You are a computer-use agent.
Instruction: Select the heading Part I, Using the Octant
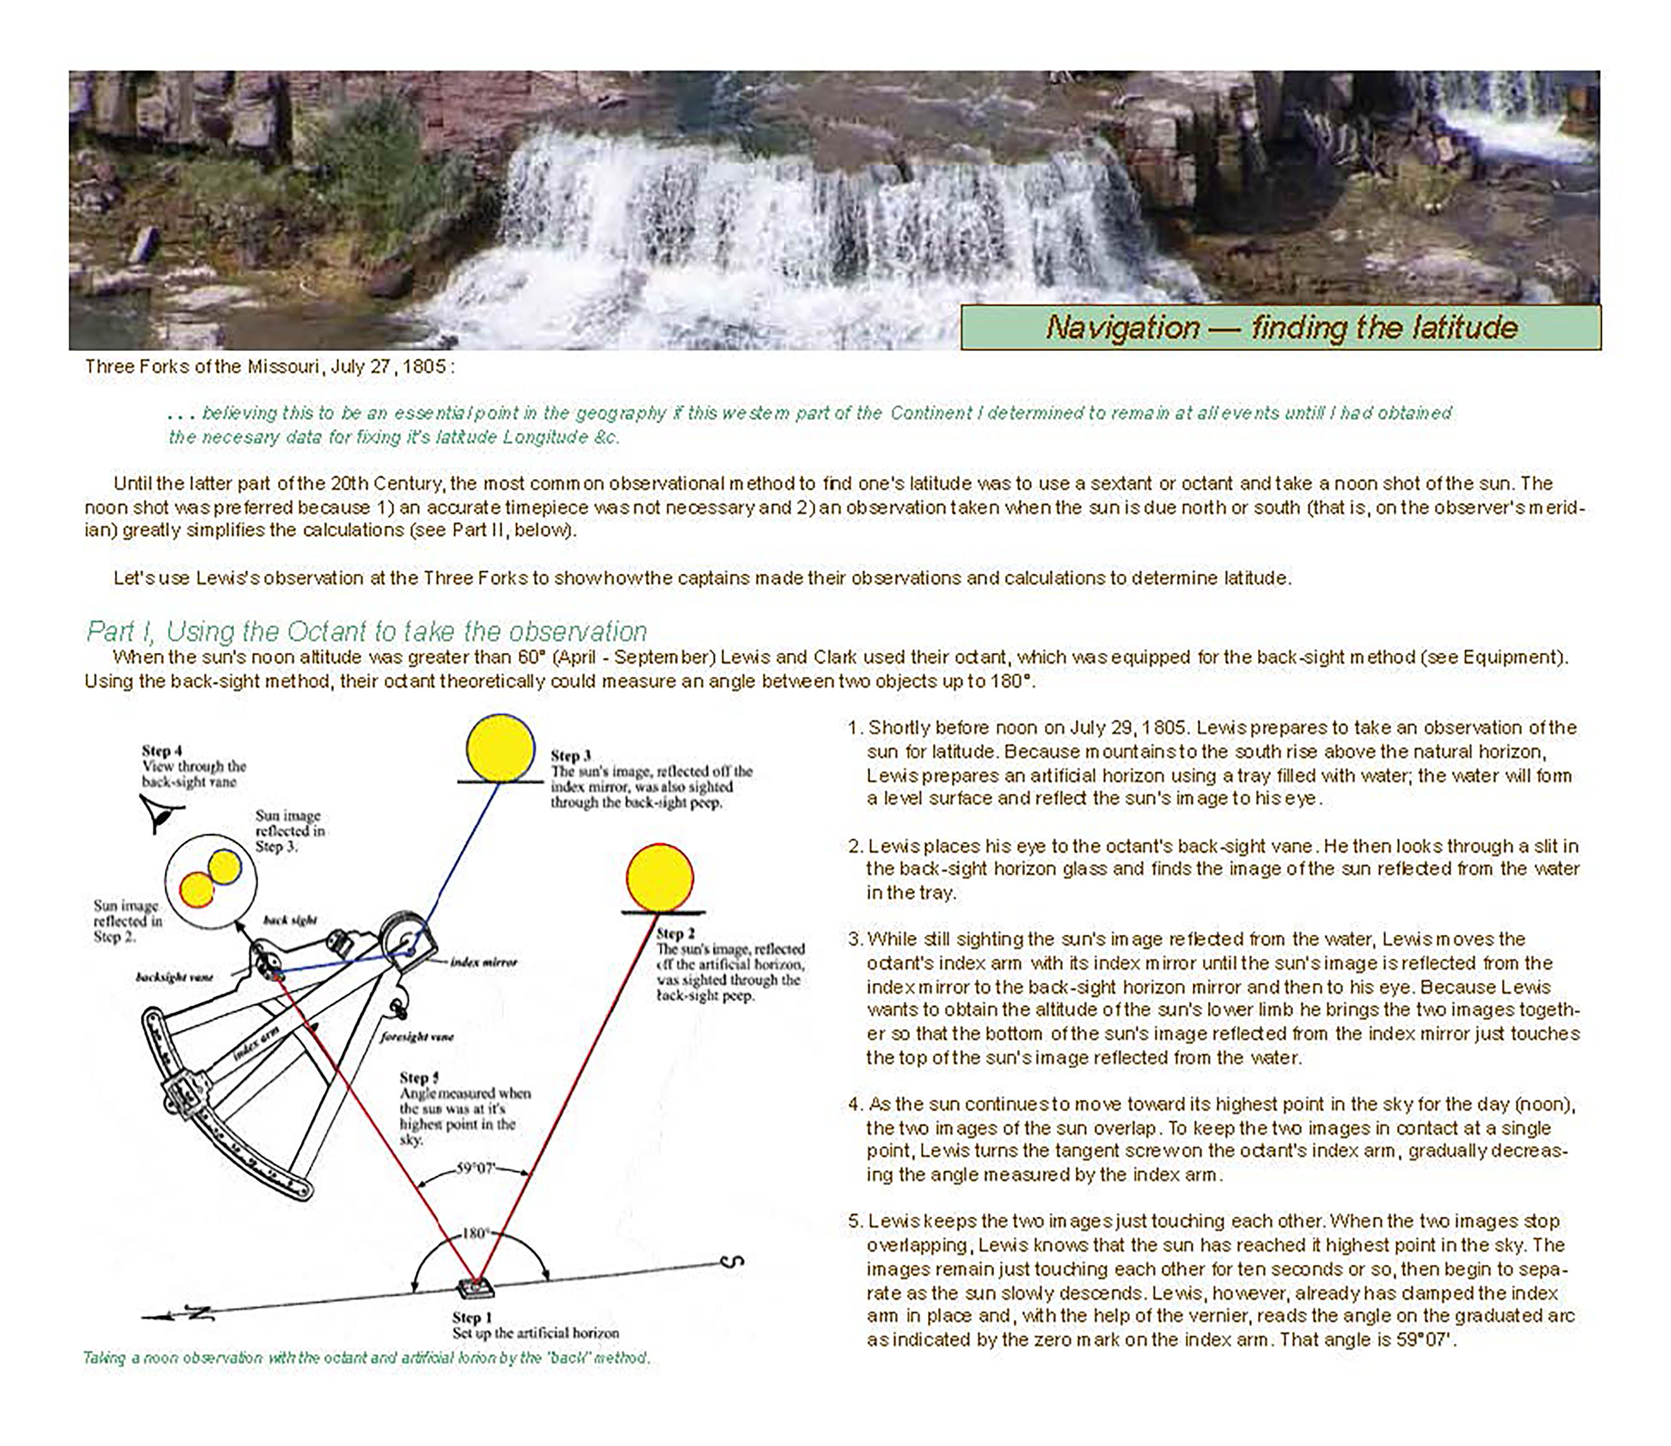click(367, 631)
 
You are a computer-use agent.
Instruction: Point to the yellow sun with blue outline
click(500, 748)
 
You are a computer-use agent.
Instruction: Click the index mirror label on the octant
click(484, 962)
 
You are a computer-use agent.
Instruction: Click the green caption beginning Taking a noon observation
click(367, 1358)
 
